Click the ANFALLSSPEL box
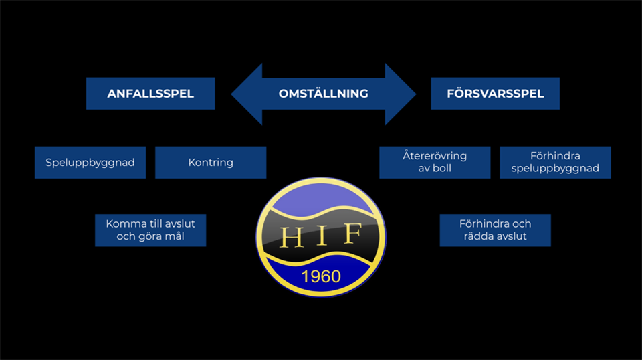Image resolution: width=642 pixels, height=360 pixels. coord(150,94)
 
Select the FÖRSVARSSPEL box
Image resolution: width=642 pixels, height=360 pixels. coord(495,94)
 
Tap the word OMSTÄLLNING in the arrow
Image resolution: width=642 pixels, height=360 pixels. coord(323,94)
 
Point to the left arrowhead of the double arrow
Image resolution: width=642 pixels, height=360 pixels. coord(246,94)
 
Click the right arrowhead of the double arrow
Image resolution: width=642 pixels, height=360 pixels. coord(401,94)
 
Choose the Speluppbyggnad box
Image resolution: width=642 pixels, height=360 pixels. coord(90,163)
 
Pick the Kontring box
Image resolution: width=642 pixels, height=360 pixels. coord(211,163)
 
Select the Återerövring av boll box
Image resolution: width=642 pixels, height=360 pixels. coord(435,163)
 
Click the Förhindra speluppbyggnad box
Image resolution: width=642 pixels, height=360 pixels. coord(555,163)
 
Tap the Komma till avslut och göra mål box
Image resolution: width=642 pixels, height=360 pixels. coord(150,230)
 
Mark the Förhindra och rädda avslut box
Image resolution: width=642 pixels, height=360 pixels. coord(496,230)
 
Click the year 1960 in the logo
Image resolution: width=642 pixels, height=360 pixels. coord(321,276)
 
